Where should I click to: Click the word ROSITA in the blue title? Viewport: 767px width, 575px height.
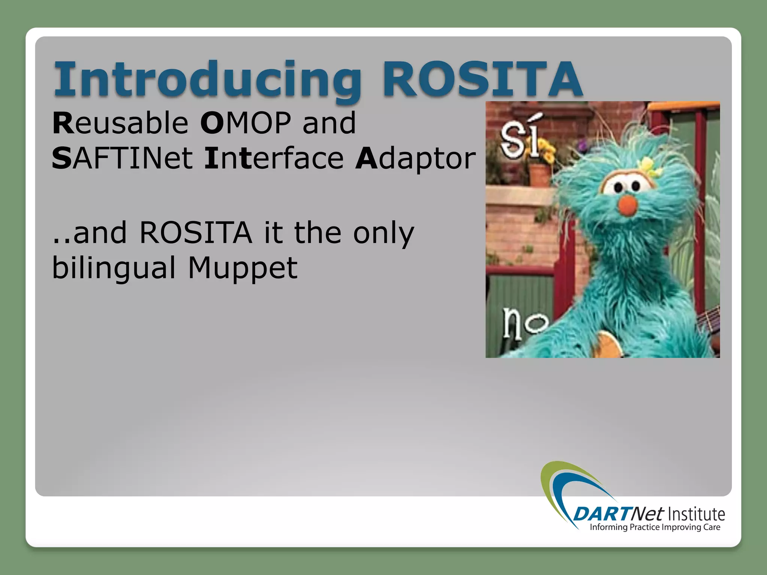tap(482, 79)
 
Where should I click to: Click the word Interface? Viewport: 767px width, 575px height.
tap(274, 158)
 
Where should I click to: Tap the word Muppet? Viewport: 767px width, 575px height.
tap(243, 268)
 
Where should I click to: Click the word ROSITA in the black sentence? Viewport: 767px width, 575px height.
tap(195, 233)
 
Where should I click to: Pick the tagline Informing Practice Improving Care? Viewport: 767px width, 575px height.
tap(655, 527)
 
